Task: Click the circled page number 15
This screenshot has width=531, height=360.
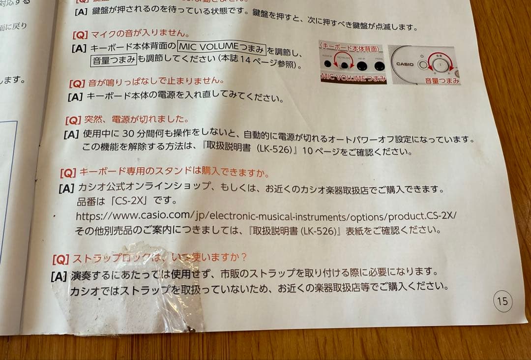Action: pos(502,301)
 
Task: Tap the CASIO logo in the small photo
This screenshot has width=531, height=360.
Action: pos(405,64)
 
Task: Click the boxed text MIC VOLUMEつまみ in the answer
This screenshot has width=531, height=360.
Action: pos(222,47)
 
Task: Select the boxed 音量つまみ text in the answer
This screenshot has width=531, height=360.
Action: pos(114,60)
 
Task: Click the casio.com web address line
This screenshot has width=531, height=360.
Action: pos(266,216)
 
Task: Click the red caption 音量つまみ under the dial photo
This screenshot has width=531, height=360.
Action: pos(442,80)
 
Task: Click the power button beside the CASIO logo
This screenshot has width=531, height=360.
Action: pos(421,64)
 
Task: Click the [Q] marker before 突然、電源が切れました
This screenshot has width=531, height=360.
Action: pos(73,120)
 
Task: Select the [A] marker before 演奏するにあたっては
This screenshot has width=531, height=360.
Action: pos(59,276)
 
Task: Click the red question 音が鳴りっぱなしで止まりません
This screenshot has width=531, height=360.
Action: pos(153,80)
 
